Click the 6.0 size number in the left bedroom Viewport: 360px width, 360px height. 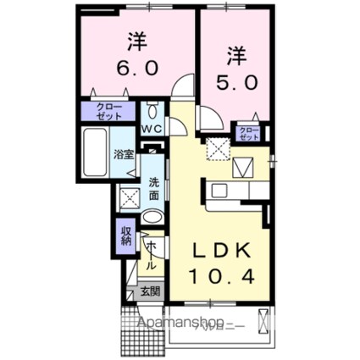point(133,67)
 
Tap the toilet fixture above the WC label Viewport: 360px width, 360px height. point(152,111)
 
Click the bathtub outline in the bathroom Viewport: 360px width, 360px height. point(96,152)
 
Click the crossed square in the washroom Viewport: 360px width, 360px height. point(130,199)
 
